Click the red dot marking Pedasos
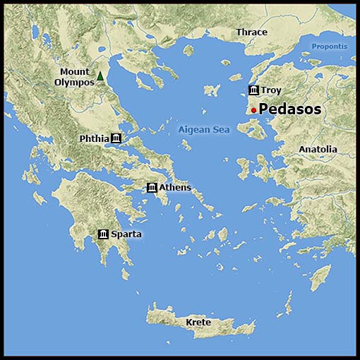click(253, 110)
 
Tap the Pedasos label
click(290, 109)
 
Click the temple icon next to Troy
click(253, 90)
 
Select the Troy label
click(271, 90)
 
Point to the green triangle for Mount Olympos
click(100, 76)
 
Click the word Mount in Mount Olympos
click(74, 72)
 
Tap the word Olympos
click(74, 83)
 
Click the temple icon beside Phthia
click(116, 138)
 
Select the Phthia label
click(95, 138)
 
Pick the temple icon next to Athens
click(152, 187)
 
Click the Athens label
click(175, 187)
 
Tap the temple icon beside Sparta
click(103, 234)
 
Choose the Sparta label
click(126, 234)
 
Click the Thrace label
click(252, 32)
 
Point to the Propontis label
click(330, 47)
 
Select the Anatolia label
click(318, 150)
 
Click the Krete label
click(198, 323)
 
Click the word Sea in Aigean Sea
click(222, 130)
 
